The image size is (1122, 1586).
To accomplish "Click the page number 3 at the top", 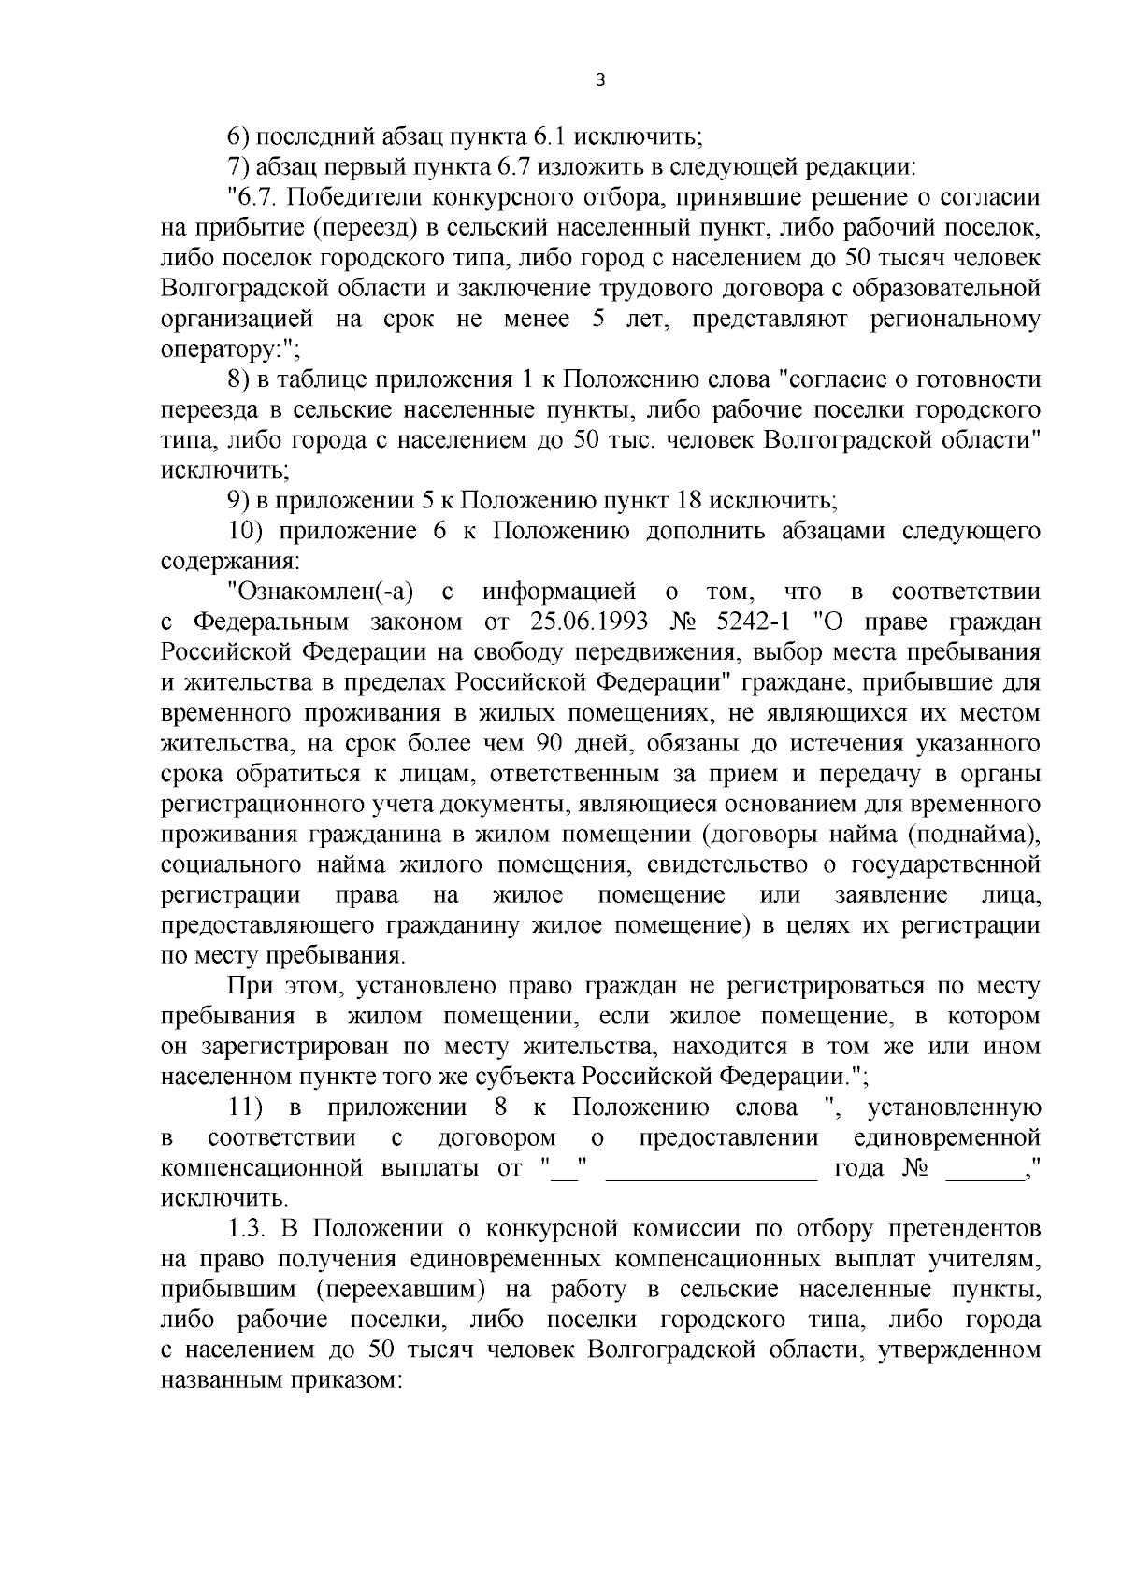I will click(x=600, y=80).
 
